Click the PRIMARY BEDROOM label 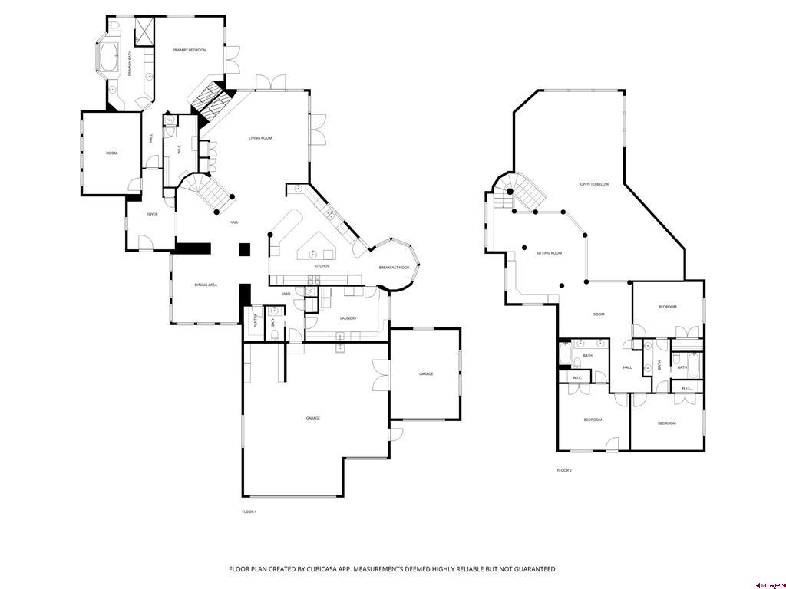(189, 50)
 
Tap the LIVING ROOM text (260, 138)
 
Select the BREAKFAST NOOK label (394, 268)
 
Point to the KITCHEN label (321, 266)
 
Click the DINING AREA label (206, 285)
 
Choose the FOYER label (152, 215)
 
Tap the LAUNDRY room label (348, 317)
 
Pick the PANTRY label (256, 321)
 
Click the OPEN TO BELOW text (594, 184)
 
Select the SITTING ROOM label (549, 253)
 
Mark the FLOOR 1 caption (249, 512)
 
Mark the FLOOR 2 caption (564, 470)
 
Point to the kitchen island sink (313, 254)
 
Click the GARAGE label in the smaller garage (426, 374)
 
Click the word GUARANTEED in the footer (530, 569)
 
